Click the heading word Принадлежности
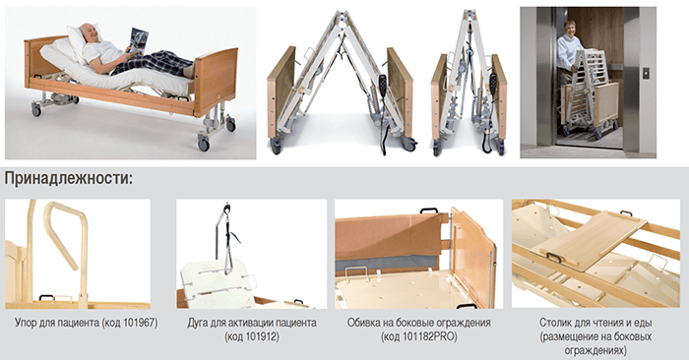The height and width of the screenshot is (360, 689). (x=67, y=180)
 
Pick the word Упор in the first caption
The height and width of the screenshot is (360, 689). (x=25, y=324)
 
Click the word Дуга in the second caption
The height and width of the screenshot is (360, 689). (x=198, y=324)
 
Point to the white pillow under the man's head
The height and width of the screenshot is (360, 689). (x=78, y=40)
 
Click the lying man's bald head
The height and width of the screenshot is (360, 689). (x=88, y=31)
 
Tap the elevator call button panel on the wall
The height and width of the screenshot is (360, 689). (x=646, y=73)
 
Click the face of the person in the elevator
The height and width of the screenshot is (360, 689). (x=570, y=29)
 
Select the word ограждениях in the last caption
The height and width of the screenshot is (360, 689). (x=595, y=351)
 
